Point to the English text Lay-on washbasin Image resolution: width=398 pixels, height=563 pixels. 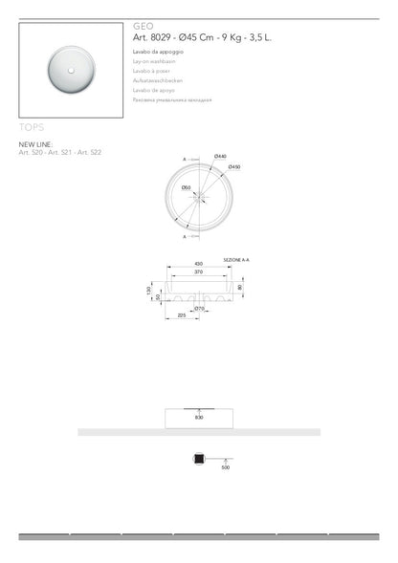click(x=155, y=60)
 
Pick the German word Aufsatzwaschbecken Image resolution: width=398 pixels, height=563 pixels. click(x=159, y=83)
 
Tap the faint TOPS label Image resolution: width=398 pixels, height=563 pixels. click(x=32, y=126)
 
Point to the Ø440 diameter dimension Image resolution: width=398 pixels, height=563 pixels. click(x=220, y=156)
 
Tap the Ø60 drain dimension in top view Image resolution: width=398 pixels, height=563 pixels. click(x=188, y=187)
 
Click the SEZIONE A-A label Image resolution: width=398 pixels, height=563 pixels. click(x=236, y=258)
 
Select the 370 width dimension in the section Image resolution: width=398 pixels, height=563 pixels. click(x=199, y=272)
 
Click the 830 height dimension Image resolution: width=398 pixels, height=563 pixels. click(x=199, y=418)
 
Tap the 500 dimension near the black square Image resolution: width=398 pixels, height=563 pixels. click(x=226, y=468)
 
